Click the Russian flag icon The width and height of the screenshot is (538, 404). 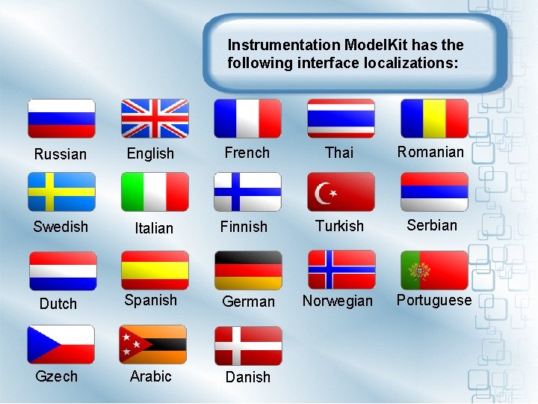click(x=61, y=118)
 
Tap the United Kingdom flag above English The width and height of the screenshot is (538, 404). click(x=155, y=118)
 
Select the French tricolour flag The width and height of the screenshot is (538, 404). click(x=247, y=118)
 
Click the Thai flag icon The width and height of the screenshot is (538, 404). click(x=341, y=118)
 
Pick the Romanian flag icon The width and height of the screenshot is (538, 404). click(x=434, y=118)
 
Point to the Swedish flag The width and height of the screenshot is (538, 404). click(x=61, y=192)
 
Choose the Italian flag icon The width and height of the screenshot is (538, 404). click(x=155, y=192)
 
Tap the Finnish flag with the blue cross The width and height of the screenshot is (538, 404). click(x=247, y=192)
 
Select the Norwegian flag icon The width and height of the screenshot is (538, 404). click(x=341, y=269)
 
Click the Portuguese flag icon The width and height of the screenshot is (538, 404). click(x=434, y=269)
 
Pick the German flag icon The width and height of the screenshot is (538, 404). click(x=248, y=269)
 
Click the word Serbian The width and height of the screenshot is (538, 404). click(x=432, y=225)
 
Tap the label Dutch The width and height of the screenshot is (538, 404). click(x=58, y=304)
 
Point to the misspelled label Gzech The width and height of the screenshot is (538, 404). click(x=56, y=376)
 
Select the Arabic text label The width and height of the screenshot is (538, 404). click(x=150, y=376)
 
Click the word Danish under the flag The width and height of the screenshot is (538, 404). click(x=248, y=378)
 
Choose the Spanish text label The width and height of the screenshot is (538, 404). click(x=150, y=300)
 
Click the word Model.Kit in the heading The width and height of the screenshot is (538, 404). click(x=376, y=45)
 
